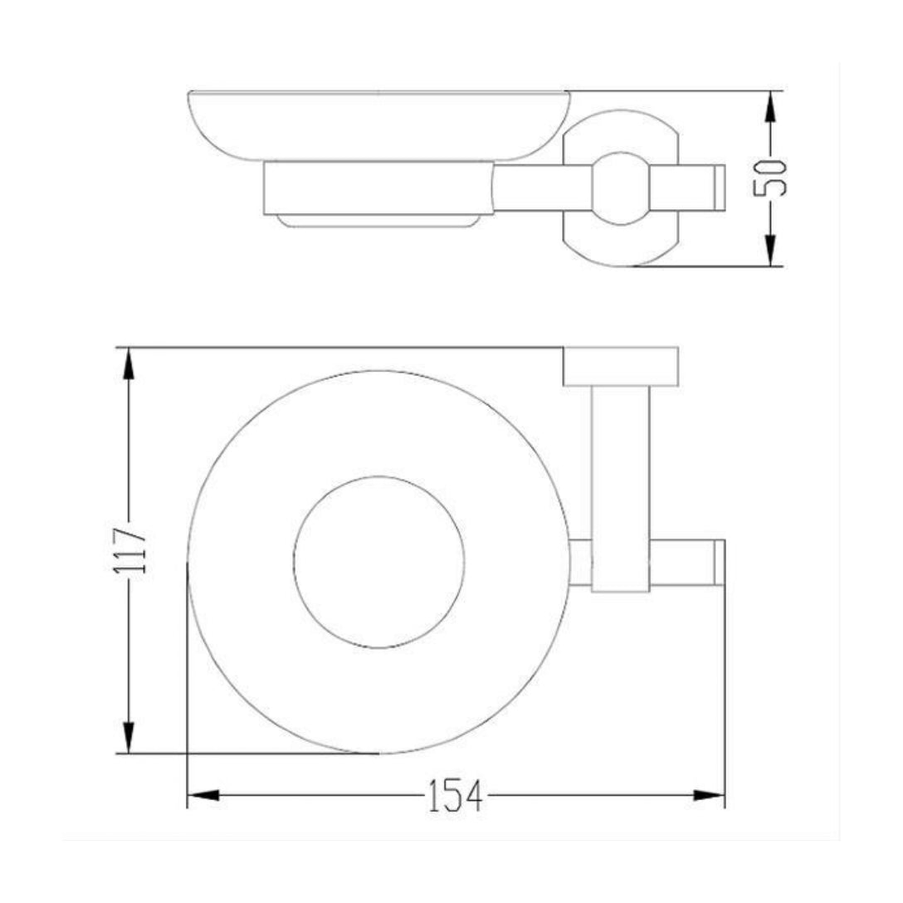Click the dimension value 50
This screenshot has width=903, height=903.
[x=770, y=178]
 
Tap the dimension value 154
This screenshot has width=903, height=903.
[x=455, y=796]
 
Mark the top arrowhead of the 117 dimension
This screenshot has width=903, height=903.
[x=129, y=365]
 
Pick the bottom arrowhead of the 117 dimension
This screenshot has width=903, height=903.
[x=129, y=736]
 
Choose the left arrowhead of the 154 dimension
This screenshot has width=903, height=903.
[x=204, y=795]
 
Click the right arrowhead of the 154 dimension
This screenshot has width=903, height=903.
[x=708, y=795]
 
